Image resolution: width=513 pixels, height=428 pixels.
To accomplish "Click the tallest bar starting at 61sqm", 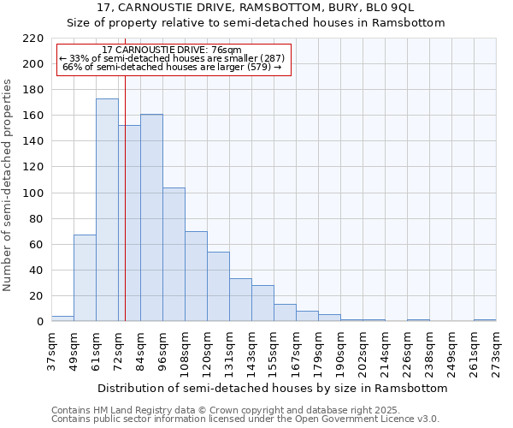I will pos(107,210).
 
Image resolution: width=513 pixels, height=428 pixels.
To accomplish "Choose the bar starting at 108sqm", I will pos(196,276).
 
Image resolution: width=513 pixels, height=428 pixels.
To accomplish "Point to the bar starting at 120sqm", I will pos(218,286).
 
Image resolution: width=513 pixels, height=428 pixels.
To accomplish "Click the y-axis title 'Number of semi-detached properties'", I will pos(8,185).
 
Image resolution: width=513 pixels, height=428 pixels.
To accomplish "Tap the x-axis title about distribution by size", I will pos(274,388).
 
